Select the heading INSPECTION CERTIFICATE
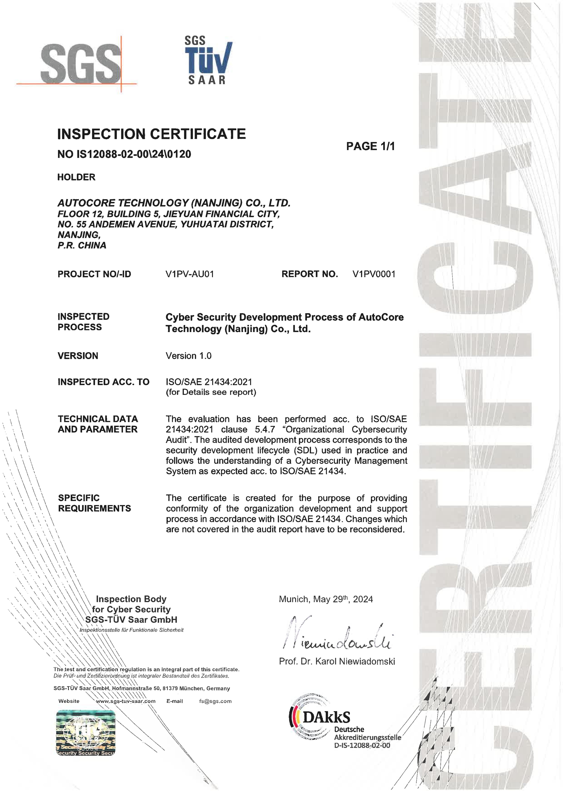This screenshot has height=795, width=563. (x=152, y=134)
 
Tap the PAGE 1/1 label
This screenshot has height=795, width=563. (x=370, y=147)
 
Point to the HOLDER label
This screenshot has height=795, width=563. (x=76, y=177)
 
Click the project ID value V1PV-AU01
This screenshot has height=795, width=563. (x=190, y=274)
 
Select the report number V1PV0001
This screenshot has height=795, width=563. (x=374, y=274)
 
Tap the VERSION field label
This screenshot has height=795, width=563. (x=78, y=356)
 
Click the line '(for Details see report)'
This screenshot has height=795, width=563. (x=211, y=392)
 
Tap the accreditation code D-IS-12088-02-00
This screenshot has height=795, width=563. (x=362, y=746)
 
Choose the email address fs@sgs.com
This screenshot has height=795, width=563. (x=215, y=701)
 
